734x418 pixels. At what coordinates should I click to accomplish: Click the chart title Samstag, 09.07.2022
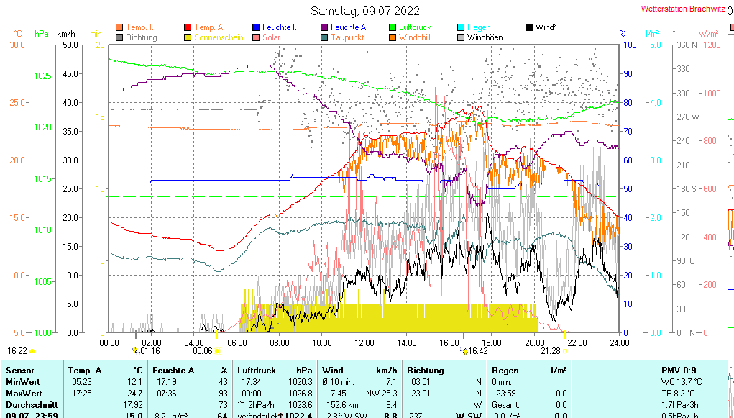click(365, 11)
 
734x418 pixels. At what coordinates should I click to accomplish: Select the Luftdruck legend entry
click(416, 27)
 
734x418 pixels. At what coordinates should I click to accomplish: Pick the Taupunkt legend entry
click(347, 37)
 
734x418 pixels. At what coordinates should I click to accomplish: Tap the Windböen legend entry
click(485, 37)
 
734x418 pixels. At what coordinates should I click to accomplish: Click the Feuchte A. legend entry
click(349, 27)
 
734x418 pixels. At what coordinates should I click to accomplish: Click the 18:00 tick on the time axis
click(492, 342)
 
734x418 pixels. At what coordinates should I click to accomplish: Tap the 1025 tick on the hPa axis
click(43, 76)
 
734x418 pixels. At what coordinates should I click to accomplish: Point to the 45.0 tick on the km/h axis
click(70, 73)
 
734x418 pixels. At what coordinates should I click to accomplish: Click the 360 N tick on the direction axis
click(684, 45)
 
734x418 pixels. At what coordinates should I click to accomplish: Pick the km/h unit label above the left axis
click(65, 34)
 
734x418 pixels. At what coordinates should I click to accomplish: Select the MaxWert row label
click(24, 394)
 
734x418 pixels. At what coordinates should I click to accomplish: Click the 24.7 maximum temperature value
click(134, 394)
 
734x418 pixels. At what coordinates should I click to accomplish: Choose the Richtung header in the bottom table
click(426, 370)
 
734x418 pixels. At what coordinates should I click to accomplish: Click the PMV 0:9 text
click(679, 370)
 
